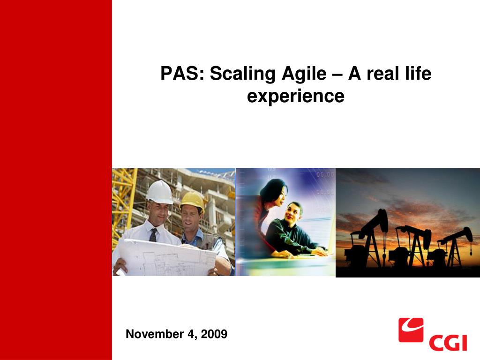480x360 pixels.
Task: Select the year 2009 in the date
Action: (x=214, y=334)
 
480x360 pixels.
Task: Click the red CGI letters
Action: (x=448, y=343)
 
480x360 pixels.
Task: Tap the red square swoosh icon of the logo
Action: (x=411, y=330)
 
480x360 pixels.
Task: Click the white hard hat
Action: (x=160, y=192)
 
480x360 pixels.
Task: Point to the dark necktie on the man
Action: (x=153, y=235)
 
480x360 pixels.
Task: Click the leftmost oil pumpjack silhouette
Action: (x=367, y=239)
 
